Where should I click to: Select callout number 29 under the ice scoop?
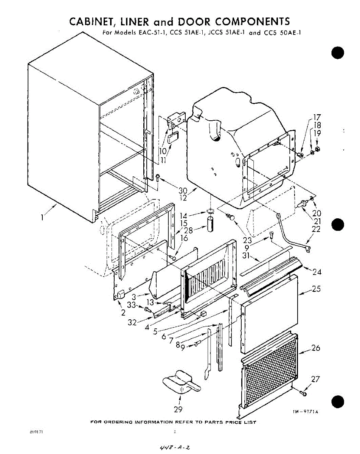click(178, 409)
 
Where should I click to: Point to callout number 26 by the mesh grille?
click(316, 348)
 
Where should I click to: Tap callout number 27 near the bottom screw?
click(316, 379)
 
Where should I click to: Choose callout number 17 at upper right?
click(316, 117)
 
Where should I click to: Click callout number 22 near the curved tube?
click(316, 229)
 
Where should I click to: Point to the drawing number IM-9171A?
click(305, 412)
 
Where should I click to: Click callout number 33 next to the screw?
click(131, 305)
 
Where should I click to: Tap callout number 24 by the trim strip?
click(317, 272)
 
